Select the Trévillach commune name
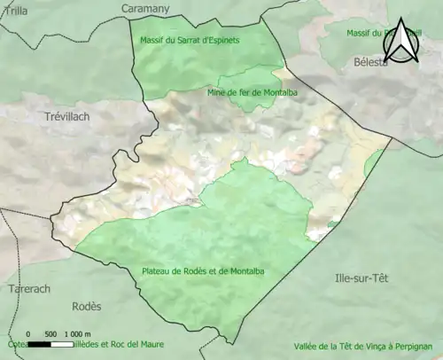(67, 116)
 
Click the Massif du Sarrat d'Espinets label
(190, 40)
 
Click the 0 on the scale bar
(29, 333)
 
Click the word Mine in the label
(216, 91)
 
